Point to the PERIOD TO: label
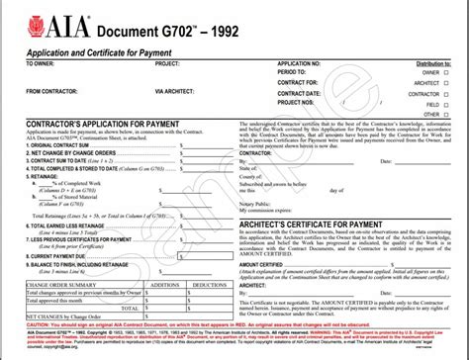click(294, 73)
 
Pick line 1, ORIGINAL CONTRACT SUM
click(49, 144)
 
